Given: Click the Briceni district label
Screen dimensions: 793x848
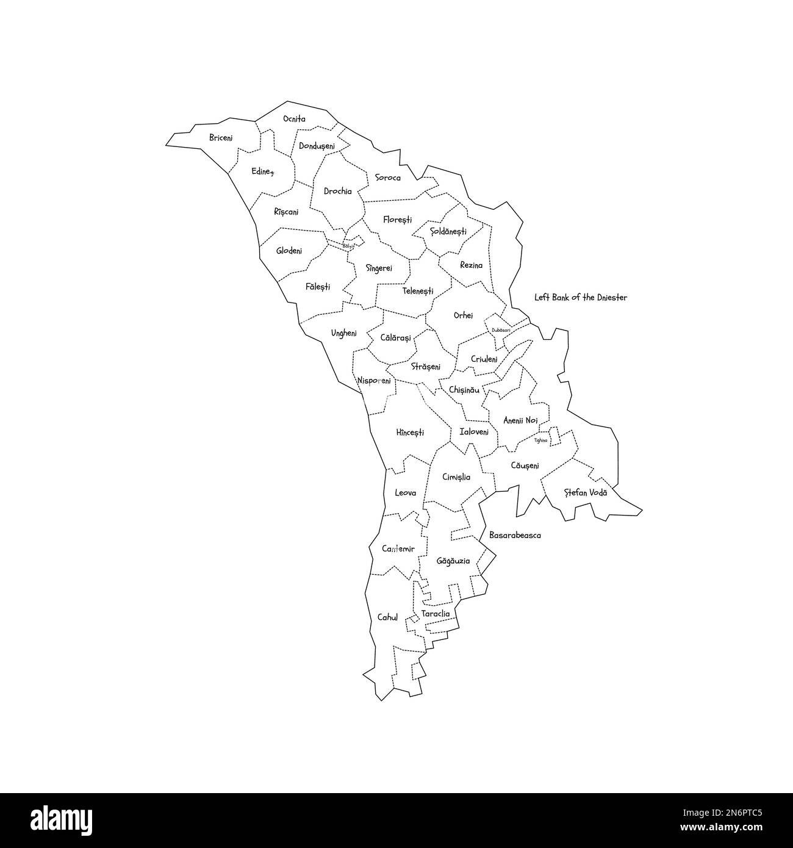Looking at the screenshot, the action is point(221,138).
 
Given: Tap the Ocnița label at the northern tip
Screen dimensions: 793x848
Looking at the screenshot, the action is point(294,119).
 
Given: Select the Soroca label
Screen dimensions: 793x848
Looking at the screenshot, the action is point(388,178).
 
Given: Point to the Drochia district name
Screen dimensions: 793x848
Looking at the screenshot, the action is point(338,191).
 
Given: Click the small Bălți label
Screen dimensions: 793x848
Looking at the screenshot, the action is point(348,246).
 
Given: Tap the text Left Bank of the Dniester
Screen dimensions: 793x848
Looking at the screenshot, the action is point(581,298).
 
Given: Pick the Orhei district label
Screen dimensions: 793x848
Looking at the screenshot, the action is point(463,315).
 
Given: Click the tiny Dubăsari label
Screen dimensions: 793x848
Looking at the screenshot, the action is point(500,330).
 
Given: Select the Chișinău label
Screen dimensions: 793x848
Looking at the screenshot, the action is point(464,389).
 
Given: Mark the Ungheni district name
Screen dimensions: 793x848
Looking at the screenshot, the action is point(344,333).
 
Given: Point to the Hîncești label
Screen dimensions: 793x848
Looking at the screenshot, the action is point(410,433).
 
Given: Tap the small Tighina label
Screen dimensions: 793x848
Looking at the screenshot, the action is point(541,440).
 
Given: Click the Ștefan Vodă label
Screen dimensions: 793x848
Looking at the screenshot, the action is point(586,492).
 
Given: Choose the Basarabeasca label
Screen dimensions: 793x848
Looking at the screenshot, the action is point(515,536).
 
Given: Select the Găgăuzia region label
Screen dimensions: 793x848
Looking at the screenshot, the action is point(453,560).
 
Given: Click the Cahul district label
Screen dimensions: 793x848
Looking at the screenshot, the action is point(387,617).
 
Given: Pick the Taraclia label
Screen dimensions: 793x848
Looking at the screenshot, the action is point(436,614).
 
